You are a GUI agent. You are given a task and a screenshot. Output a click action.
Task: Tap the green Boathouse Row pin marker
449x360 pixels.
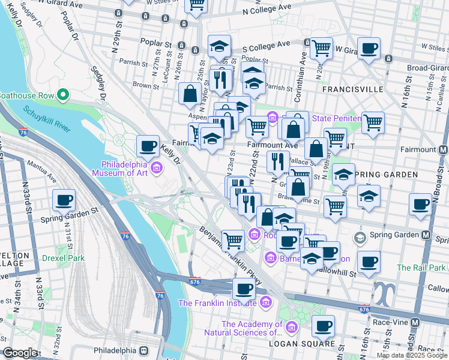pyautogui.click(x=61, y=95)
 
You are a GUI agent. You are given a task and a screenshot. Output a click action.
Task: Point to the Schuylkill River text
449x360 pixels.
pyautogui.click(x=48, y=118)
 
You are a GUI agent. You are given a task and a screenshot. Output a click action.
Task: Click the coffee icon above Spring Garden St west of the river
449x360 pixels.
pyautogui.click(x=64, y=200)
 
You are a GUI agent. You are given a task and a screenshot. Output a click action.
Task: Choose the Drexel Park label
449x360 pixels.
pyautogui.click(x=63, y=259)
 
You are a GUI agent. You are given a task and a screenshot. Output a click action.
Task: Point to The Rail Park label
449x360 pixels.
pyautogui.click(x=420, y=268)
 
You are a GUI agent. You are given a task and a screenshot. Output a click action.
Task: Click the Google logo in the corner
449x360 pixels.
pyautogui.click(x=20, y=353)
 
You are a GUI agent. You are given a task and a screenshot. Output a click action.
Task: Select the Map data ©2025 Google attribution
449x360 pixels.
pyautogui.click(x=411, y=355)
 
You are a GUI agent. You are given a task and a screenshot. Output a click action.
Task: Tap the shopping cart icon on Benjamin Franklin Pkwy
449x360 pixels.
pyautogui.click(x=233, y=241)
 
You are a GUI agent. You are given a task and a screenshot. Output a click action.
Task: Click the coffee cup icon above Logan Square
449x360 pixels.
pyautogui.click(x=323, y=326)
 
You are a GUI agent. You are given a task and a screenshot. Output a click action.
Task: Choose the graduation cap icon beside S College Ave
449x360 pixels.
pyautogui.click(x=220, y=46)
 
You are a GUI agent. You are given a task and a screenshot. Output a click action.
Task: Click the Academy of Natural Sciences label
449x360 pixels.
pyautogui.click(x=252, y=328)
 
